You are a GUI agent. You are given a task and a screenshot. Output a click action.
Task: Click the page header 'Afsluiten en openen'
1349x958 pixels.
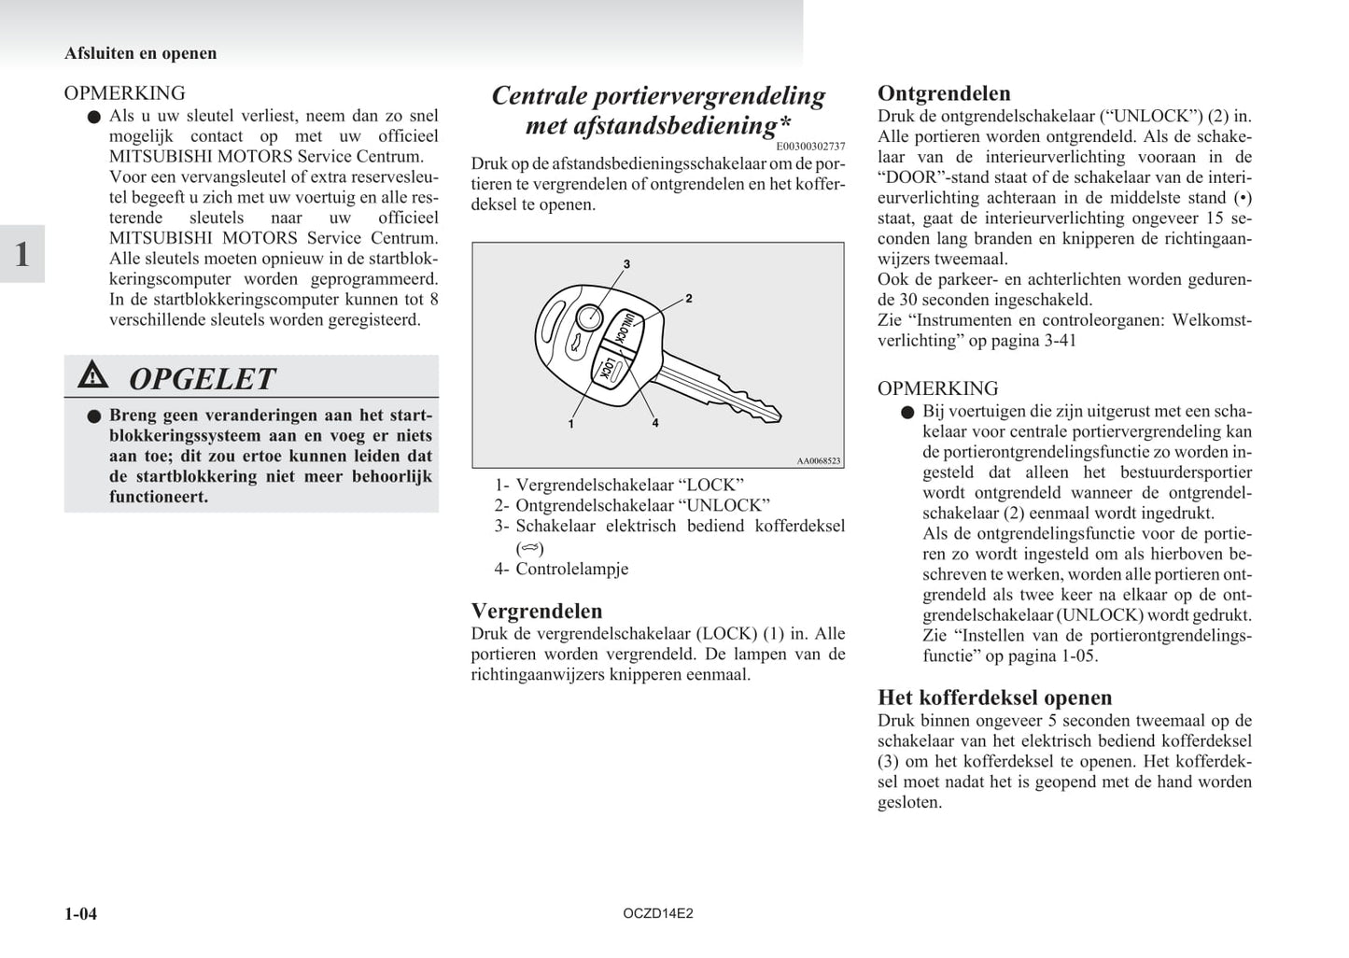pyautogui.click(x=140, y=53)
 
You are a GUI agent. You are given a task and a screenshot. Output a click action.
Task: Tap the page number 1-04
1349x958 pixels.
pyautogui.click(x=80, y=913)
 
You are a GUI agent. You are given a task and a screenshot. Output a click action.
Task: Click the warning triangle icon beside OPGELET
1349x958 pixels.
pyautogui.click(x=93, y=375)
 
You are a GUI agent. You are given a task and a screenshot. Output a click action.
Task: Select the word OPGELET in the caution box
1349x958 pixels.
pyautogui.click(x=202, y=378)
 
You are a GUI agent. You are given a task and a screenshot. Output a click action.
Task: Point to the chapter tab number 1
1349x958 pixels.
pyautogui.click(x=22, y=254)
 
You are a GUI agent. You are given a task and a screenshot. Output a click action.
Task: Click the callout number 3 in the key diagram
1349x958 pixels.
pyautogui.click(x=626, y=264)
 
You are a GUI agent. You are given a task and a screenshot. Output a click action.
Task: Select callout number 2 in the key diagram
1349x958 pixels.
pyautogui.click(x=688, y=299)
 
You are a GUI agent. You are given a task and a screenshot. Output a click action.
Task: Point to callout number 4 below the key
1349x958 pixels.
pyautogui.click(x=655, y=423)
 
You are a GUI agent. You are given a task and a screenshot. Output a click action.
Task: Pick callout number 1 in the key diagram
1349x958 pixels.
pyautogui.click(x=570, y=424)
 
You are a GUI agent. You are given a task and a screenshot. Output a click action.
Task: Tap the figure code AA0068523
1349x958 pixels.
pyautogui.click(x=819, y=460)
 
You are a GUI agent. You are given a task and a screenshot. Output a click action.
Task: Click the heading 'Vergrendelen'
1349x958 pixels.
pyautogui.click(x=537, y=611)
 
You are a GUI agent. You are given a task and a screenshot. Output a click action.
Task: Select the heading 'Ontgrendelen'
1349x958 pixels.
pyautogui.click(x=944, y=93)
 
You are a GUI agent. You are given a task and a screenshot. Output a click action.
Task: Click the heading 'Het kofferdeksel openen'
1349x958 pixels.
pyautogui.click(x=994, y=697)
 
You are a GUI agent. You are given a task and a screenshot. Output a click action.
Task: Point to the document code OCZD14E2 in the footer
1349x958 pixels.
pyautogui.click(x=658, y=913)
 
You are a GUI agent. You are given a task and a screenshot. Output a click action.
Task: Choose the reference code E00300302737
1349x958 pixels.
pyautogui.click(x=809, y=146)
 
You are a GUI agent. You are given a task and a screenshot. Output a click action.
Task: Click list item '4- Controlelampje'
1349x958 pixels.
pyautogui.click(x=561, y=568)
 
